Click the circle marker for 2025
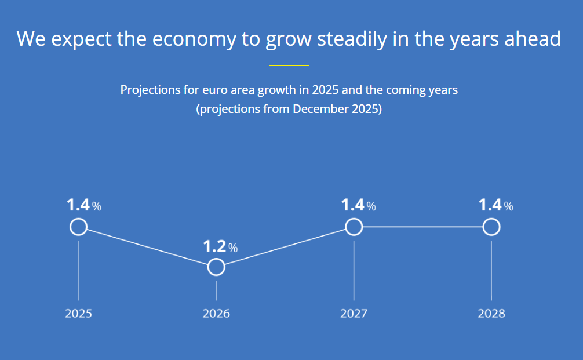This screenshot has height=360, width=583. click(x=78, y=219)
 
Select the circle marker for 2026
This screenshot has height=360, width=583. click(x=216, y=259)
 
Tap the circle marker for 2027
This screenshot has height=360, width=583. click(x=354, y=219)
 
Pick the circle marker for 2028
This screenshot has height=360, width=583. click(x=491, y=219)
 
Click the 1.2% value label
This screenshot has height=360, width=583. click(x=220, y=246)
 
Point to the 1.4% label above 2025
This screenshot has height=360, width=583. click(x=84, y=205)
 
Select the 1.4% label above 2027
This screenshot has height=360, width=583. click(x=359, y=205)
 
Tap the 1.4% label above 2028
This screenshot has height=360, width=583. click(x=496, y=205)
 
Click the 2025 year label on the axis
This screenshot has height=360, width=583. click(x=78, y=314)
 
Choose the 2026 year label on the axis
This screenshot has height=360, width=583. click(x=216, y=314)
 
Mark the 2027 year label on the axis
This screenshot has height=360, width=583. click(x=354, y=314)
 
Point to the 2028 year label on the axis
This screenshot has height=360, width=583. click(x=491, y=314)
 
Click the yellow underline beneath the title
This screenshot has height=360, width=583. click(x=289, y=66)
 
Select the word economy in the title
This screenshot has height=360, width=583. click(x=194, y=39)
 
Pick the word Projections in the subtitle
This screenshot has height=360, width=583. click(x=150, y=90)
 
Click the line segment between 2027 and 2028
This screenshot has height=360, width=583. click(x=422, y=227)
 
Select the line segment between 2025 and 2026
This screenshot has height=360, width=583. click(x=147, y=247)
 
